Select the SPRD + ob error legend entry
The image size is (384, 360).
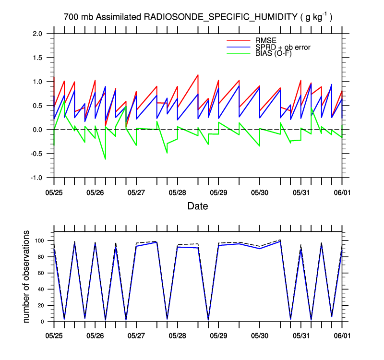pos(283,47)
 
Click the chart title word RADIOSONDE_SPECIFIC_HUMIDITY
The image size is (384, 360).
pos(221,17)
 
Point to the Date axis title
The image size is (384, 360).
pos(198,206)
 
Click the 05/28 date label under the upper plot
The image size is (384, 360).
pos(178,192)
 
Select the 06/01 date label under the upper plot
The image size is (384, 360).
pos(342,192)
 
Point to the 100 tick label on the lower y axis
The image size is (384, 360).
pos(39,240)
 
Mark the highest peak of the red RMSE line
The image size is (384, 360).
pos(198,75)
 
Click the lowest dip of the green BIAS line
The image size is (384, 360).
pos(105,159)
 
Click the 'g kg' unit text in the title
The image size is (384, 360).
pos(314,17)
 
